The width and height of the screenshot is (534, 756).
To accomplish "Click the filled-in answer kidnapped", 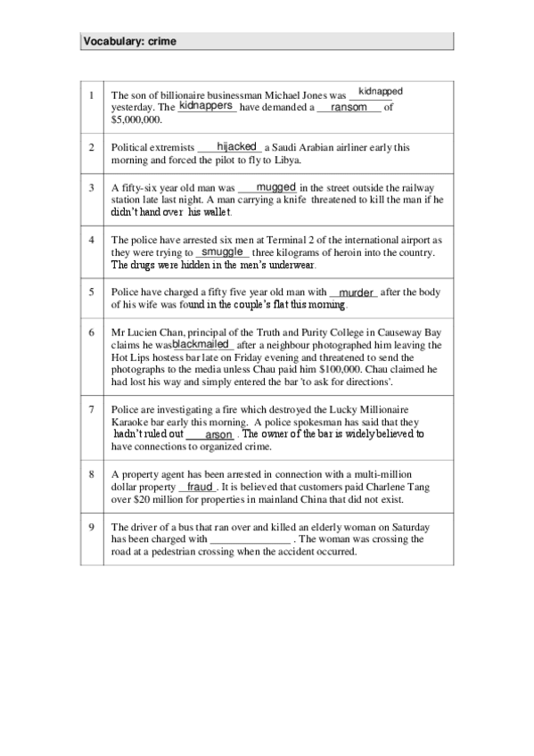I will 380,91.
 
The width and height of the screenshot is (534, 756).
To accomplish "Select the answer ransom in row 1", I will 349,107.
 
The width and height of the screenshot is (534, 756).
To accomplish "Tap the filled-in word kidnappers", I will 206,105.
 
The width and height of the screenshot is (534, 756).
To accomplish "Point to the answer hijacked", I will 236,146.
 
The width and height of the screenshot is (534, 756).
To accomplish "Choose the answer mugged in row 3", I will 275,187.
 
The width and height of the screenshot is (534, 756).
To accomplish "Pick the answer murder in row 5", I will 356,292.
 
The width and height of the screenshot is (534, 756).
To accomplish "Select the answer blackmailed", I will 201,343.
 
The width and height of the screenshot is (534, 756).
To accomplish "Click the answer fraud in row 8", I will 200,488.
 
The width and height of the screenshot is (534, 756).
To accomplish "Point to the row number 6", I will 92,331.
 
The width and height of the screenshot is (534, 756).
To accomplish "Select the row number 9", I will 92,527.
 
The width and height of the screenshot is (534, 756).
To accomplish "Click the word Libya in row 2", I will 289,160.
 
